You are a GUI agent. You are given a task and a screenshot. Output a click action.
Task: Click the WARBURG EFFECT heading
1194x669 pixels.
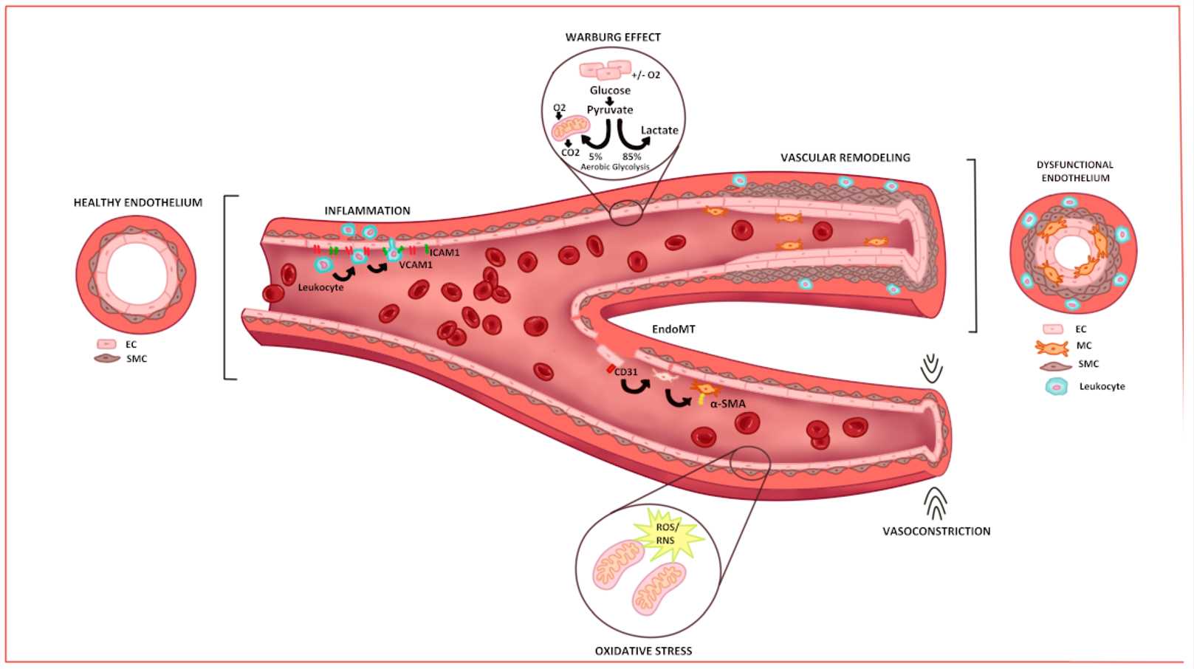613,37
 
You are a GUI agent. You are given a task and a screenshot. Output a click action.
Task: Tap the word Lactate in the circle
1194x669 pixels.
659,130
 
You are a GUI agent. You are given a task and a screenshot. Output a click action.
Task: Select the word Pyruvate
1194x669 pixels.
610,110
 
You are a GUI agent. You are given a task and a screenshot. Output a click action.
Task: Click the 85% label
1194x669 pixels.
631,157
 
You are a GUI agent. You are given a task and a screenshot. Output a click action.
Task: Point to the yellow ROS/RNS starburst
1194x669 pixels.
666,535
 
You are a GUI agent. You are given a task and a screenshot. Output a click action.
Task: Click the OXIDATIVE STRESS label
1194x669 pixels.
643,651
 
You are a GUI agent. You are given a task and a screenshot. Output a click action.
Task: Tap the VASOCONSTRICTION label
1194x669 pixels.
936,531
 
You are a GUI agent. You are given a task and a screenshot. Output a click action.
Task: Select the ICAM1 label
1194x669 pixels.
445,253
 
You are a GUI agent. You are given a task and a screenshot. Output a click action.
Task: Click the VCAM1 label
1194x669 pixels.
416,264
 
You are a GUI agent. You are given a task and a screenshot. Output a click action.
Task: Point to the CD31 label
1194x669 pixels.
625,372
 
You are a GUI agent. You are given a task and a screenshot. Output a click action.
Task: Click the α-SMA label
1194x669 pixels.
727,404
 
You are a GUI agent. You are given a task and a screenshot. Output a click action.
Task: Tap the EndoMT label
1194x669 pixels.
673,329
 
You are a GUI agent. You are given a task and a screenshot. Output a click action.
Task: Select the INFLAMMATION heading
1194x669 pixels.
367,210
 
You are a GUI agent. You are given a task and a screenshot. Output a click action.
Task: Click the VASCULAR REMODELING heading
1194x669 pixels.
845,157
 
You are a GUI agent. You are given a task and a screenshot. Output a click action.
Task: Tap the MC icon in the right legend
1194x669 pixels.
1051,346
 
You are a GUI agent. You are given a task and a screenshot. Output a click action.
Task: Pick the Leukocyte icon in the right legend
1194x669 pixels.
1057,386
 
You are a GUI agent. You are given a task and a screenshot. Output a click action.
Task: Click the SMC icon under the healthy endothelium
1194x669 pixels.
107,359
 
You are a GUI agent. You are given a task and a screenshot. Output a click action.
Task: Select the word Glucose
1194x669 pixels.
610,90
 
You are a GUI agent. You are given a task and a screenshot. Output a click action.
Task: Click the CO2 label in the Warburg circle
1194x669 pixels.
570,153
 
